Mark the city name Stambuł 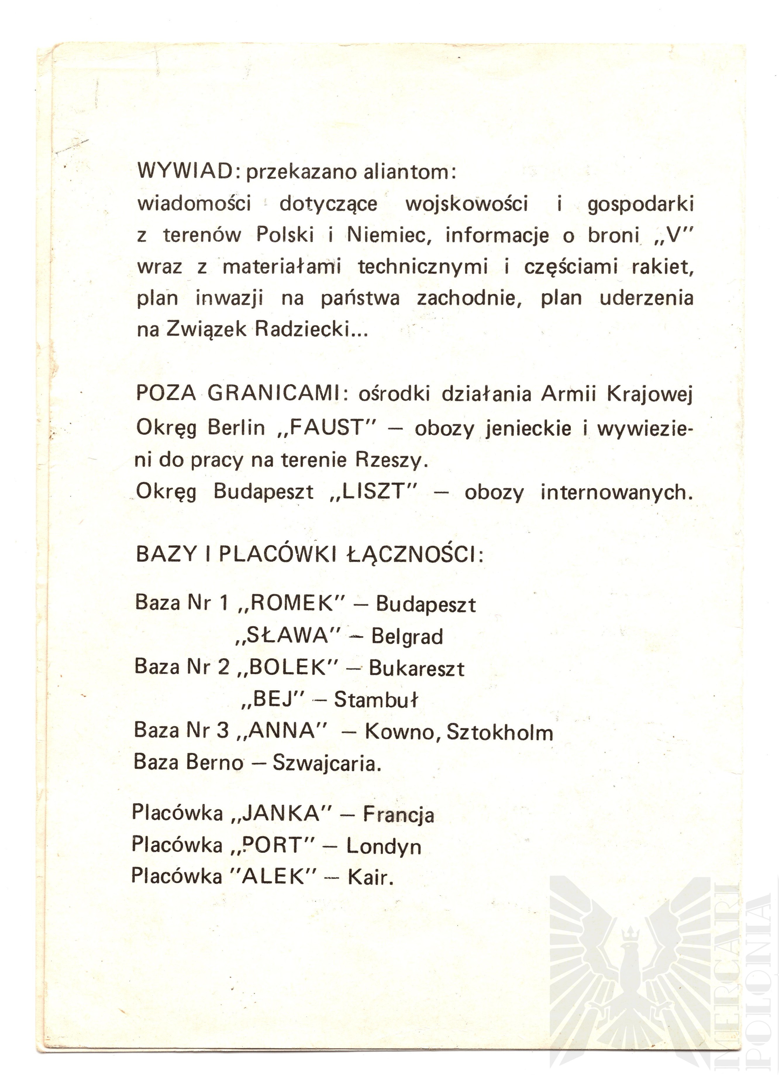pos(376,700)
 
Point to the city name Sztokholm pos(500,733)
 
